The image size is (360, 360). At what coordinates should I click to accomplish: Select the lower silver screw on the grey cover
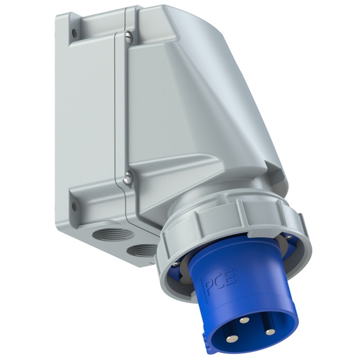(129, 177)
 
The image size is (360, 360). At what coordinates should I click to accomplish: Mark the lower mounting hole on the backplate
(74, 207)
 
